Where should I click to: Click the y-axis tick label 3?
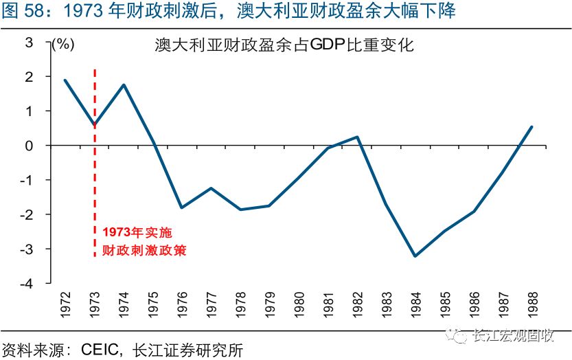pos(30,43)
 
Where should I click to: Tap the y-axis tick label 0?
pos(30,146)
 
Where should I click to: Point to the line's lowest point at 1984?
pos(415,256)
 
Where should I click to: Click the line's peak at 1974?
pos(124,85)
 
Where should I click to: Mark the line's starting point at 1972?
pos(65,80)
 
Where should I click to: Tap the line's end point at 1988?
pos(531,127)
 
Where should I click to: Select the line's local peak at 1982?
pos(357,137)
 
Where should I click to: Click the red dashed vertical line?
pos(95,172)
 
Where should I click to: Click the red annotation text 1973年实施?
pos(133,233)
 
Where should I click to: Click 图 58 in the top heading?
pos(23,11)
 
